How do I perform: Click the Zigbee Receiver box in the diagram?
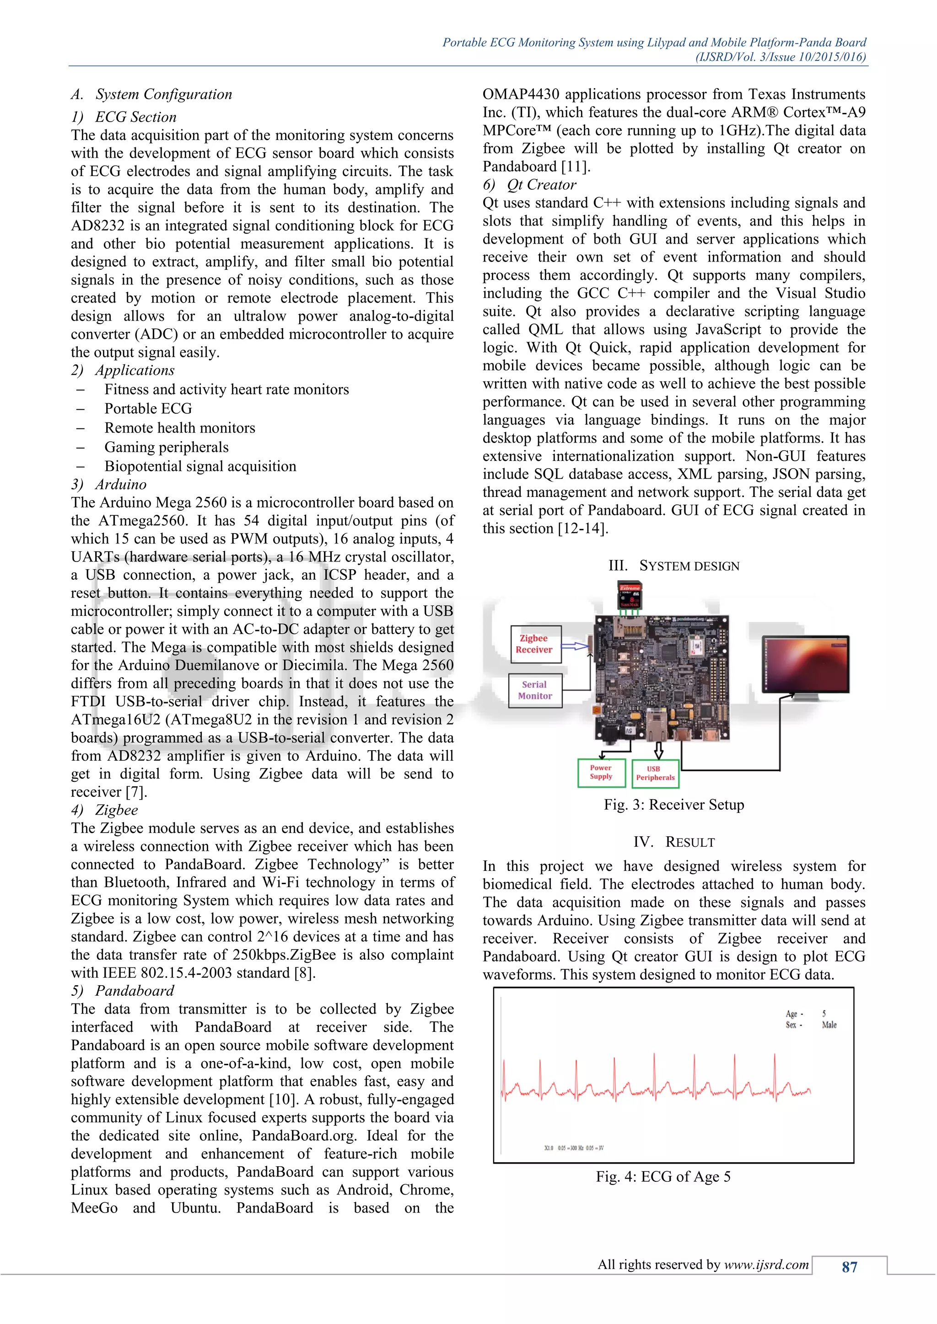pos(535,644)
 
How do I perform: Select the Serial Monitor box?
pos(535,690)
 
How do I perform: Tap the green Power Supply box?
pos(601,772)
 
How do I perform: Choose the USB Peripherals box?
pos(655,773)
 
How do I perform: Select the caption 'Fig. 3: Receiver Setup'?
pos(674,805)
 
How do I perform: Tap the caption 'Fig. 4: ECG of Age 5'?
pos(663,1176)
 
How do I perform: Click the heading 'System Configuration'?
pos(164,94)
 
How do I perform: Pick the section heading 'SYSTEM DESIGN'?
pos(689,566)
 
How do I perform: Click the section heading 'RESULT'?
pos(689,842)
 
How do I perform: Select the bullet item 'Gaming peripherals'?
pos(166,447)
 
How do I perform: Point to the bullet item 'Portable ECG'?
pos(148,408)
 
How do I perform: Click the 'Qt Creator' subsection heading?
pos(541,185)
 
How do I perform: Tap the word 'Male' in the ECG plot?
pos(829,1025)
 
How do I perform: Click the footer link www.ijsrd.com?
pos(766,1265)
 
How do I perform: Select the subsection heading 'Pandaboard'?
pos(135,991)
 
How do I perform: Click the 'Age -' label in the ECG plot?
pos(794,1014)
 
